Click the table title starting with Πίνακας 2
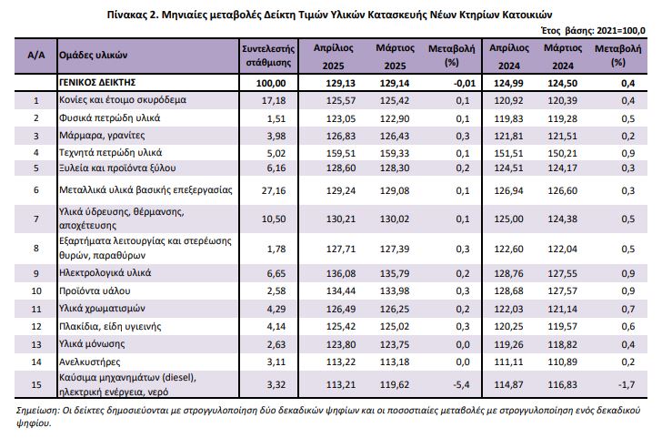point(329,15)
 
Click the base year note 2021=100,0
point(621,30)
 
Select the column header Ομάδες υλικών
point(93,55)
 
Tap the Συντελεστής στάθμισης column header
point(268,56)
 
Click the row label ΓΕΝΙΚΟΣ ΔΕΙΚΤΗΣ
point(97,82)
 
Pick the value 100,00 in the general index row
point(271,83)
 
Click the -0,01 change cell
point(465,83)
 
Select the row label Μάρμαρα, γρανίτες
point(102,136)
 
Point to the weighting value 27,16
point(274,190)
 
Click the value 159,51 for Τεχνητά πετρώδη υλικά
point(341,153)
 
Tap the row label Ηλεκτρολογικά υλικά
point(105,273)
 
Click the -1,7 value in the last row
point(627,384)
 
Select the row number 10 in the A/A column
point(36,290)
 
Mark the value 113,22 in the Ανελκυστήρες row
point(341,362)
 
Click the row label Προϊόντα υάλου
point(95,290)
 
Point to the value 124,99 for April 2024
point(508,83)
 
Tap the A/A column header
point(35,56)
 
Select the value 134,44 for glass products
point(341,290)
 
